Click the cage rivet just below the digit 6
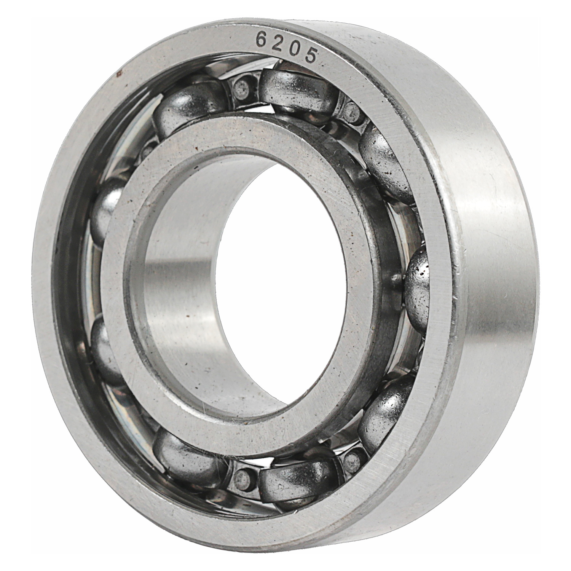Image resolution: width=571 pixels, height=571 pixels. (x=242, y=87)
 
